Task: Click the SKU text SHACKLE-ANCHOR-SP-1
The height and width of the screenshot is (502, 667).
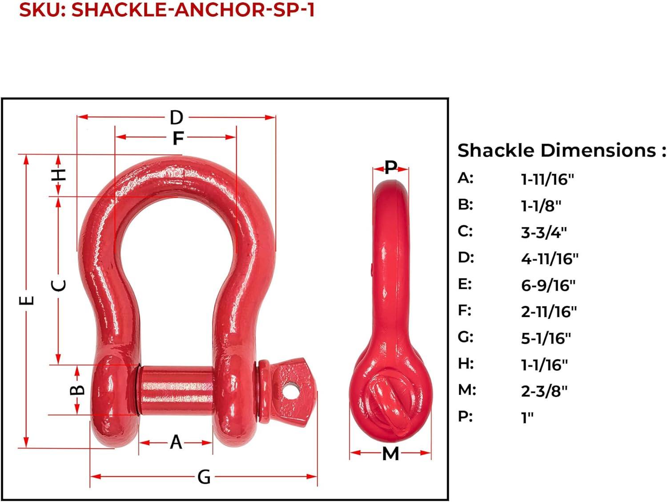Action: pos(193,10)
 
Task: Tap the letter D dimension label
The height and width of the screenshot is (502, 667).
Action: pos(177,118)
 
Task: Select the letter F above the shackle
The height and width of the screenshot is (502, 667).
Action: pos(178,138)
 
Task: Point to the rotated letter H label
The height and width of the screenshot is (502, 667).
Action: pos(58,175)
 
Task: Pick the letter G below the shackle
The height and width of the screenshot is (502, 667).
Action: pos(204,477)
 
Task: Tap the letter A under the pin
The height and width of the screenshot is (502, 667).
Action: pos(176,442)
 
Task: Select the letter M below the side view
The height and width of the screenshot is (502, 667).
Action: pos(390,454)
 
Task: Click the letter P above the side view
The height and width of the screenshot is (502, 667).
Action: pos(391,167)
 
